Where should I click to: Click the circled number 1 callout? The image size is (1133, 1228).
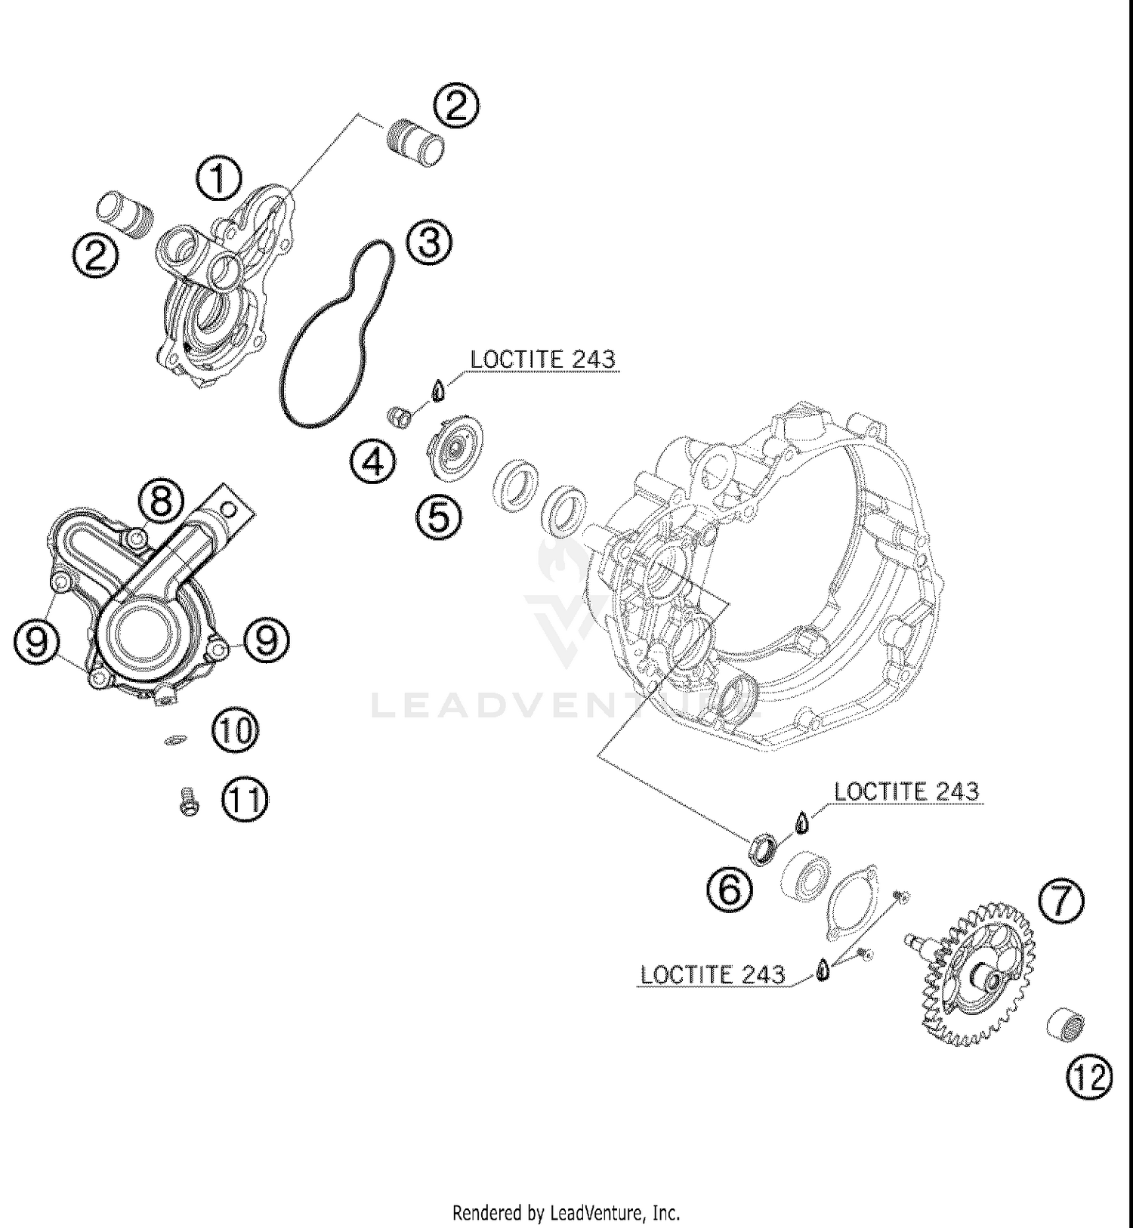[x=218, y=179]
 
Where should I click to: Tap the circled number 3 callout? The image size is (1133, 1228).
[x=429, y=243]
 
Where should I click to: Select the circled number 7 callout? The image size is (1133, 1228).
[x=1061, y=902]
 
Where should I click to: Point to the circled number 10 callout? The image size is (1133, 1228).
[x=235, y=730]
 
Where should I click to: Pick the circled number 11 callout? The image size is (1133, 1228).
[x=244, y=800]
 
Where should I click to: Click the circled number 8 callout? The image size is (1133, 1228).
[x=161, y=501]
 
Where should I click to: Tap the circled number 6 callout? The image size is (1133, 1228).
[x=730, y=889]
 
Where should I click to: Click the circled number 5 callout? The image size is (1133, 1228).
[x=440, y=517]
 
